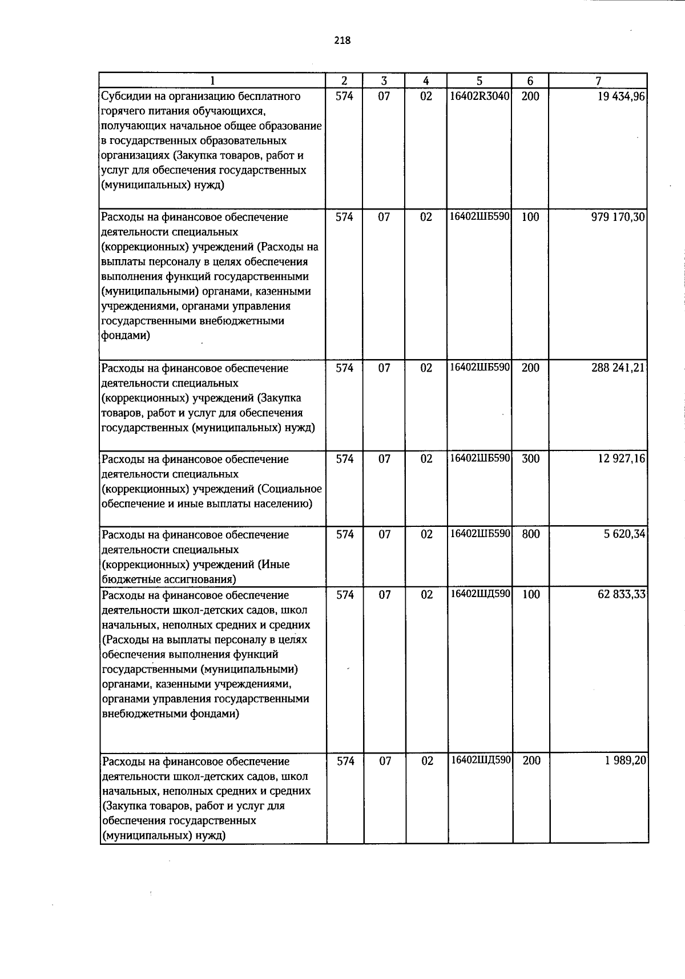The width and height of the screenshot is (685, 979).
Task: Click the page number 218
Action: (342, 41)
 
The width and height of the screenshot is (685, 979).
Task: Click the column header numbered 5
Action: (479, 81)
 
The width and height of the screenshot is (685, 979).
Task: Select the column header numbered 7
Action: (598, 81)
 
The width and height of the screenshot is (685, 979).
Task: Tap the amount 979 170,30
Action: (618, 217)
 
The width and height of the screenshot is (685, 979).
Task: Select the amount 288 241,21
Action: (618, 368)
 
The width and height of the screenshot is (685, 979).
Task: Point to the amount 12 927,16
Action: (621, 459)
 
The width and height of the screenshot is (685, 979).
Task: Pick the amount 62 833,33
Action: (621, 594)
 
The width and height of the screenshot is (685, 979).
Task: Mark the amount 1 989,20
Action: (626, 761)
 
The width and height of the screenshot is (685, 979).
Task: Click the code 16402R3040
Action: (479, 96)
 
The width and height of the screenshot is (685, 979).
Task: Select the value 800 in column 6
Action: (531, 534)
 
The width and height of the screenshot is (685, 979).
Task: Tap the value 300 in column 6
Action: (531, 459)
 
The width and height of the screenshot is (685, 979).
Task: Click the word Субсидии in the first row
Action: (123, 96)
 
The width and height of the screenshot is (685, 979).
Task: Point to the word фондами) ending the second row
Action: (126, 336)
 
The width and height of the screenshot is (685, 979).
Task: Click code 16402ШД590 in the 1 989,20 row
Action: (480, 760)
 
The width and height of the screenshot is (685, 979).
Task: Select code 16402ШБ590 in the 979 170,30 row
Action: (479, 217)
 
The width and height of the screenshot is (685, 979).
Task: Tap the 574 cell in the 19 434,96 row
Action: (344, 96)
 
